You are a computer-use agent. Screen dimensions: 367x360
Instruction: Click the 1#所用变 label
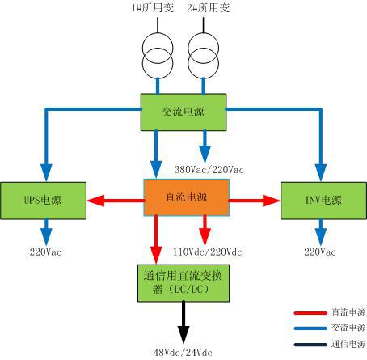point(153,7)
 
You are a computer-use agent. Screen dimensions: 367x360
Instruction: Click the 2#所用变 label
point(209,7)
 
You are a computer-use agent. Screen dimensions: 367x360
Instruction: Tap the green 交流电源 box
point(183,112)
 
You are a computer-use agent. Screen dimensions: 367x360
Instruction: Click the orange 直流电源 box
point(186,197)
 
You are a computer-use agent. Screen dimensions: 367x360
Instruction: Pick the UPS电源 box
point(43,201)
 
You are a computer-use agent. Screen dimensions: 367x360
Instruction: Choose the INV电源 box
point(323,201)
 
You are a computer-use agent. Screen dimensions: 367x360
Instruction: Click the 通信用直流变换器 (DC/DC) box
point(183,283)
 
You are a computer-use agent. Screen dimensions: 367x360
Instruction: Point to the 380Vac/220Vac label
point(209,170)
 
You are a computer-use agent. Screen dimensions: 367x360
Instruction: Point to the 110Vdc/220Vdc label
point(207,252)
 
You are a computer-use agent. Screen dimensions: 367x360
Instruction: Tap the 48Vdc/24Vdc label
point(183,352)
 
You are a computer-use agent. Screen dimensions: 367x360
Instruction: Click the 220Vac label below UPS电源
point(45,252)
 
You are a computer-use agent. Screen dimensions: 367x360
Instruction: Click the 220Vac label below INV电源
point(320,252)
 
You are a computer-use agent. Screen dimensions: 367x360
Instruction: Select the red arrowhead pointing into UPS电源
point(95,201)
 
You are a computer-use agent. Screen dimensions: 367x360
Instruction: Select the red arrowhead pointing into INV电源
point(272,201)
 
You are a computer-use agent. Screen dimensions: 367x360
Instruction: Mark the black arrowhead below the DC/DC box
point(183,334)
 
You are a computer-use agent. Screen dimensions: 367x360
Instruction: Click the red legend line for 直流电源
point(310,313)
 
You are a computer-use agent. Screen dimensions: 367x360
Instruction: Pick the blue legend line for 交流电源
point(310,328)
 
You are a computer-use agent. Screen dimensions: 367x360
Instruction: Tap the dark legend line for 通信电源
point(310,345)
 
